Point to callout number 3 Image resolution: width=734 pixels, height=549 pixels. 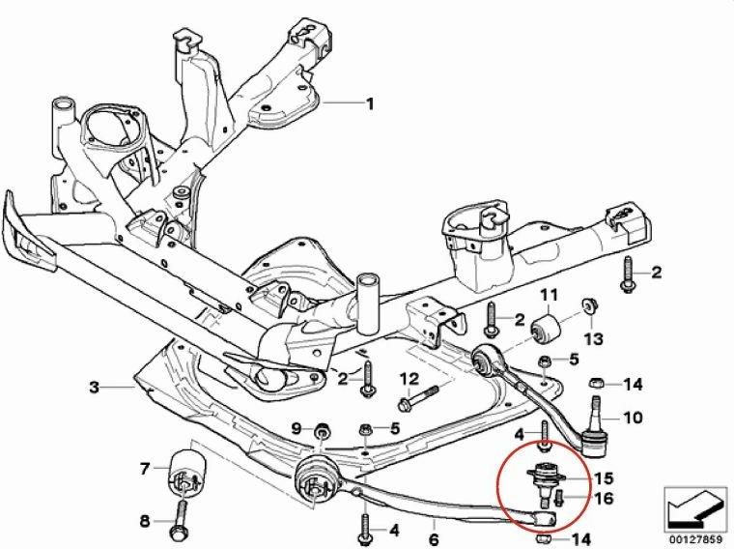94,388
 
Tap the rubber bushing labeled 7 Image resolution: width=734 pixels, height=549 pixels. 184,471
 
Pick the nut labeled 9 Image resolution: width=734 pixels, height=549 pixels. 320,428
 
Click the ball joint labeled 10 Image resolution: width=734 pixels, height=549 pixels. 596,429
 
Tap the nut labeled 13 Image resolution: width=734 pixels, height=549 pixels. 586,307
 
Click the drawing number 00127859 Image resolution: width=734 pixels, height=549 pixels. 697,535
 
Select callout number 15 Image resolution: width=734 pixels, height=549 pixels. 604,477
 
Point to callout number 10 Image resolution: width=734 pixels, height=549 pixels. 633,419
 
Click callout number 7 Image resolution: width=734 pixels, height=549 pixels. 145,470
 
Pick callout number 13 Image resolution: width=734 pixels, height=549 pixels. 593,338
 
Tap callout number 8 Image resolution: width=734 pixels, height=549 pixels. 145,521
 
